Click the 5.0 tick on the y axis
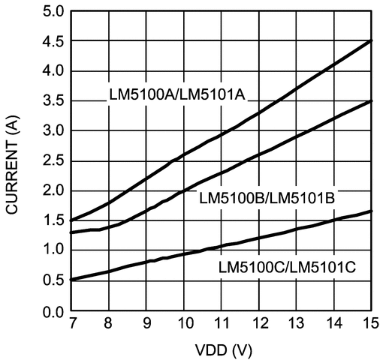[x=54, y=11]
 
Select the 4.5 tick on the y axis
[x=54, y=40]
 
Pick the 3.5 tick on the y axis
[x=54, y=100]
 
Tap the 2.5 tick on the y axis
[x=54, y=160]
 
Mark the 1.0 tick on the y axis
[x=54, y=250]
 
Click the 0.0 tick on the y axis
[x=54, y=310]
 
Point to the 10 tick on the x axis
[x=184, y=324]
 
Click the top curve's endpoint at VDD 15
[x=372, y=40]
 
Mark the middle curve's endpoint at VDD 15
[x=372, y=100]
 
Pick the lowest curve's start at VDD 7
[x=71, y=279]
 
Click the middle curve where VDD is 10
[x=184, y=190]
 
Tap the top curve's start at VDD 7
[x=71, y=220]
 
